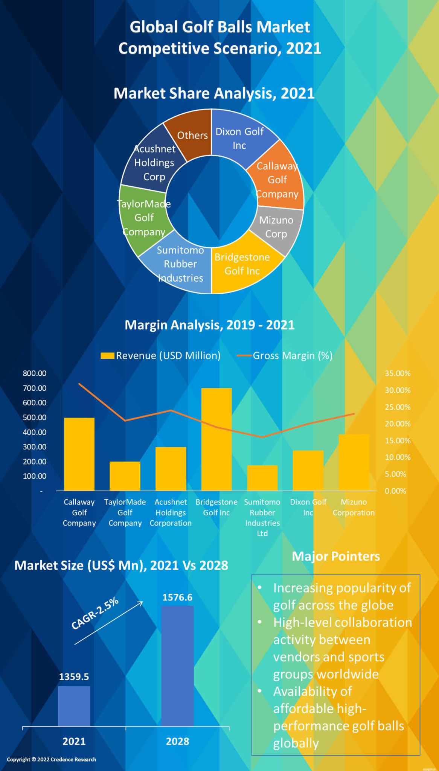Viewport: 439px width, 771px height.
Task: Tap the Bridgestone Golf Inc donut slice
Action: (x=243, y=265)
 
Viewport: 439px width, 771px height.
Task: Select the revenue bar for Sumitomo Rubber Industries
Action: (x=262, y=478)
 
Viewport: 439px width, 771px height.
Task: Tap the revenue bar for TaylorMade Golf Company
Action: (x=125, y=476)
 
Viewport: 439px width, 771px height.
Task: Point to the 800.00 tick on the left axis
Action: (x=35, y=373)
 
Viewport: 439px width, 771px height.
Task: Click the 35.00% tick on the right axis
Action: (x=397, y=373)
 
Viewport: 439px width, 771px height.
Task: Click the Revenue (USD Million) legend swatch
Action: (x=107, y=356)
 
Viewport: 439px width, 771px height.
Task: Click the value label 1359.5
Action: (x=74, y=677)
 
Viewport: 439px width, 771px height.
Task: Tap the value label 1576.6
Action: (x=177, y=597)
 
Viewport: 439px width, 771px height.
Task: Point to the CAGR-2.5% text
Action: (x=95, y=613)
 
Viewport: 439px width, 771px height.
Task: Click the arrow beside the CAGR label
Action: (x=109, y=623)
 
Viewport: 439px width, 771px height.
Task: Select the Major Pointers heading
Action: (x=336, y=556)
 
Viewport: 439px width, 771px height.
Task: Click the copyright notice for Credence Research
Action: (x=51, y=759)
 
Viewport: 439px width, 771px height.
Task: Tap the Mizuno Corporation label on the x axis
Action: (x=354, y=507)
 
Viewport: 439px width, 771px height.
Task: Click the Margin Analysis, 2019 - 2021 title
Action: (x=209, y=325)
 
